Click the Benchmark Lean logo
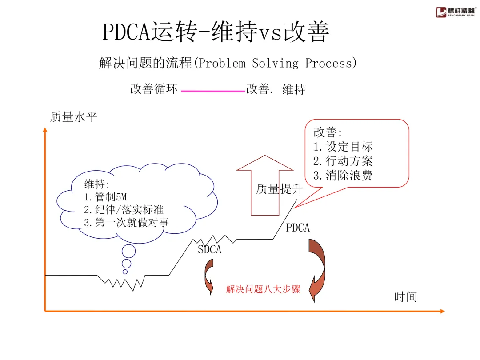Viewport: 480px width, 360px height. click(x=455, y=12)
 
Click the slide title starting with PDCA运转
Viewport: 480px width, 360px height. click(x=216, y=32)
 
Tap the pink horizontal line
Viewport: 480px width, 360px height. click(x=213, y=91)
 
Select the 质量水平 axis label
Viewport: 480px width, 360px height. click(x=73, y=117)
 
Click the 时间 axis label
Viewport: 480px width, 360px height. click(x=405, y=296)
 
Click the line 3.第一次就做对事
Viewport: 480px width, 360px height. click(x=127, y=223)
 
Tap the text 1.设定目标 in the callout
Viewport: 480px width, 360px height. click(x=343, y=147)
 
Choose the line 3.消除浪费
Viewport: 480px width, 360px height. click(x=343, y=175)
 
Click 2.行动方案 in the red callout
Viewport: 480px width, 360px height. click(x=343, y=161)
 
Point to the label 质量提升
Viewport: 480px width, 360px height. click(x=280, y=189)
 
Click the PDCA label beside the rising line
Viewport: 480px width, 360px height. click(x=298, y=228)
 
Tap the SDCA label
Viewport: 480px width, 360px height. click(x=209, y=250)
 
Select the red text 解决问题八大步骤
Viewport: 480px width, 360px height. click(x=263, y=290)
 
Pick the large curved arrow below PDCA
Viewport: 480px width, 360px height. click(x=318, y=269)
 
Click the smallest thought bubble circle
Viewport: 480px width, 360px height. click(x=125, y=272)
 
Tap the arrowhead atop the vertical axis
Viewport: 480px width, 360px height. click(x=45, y=130)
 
